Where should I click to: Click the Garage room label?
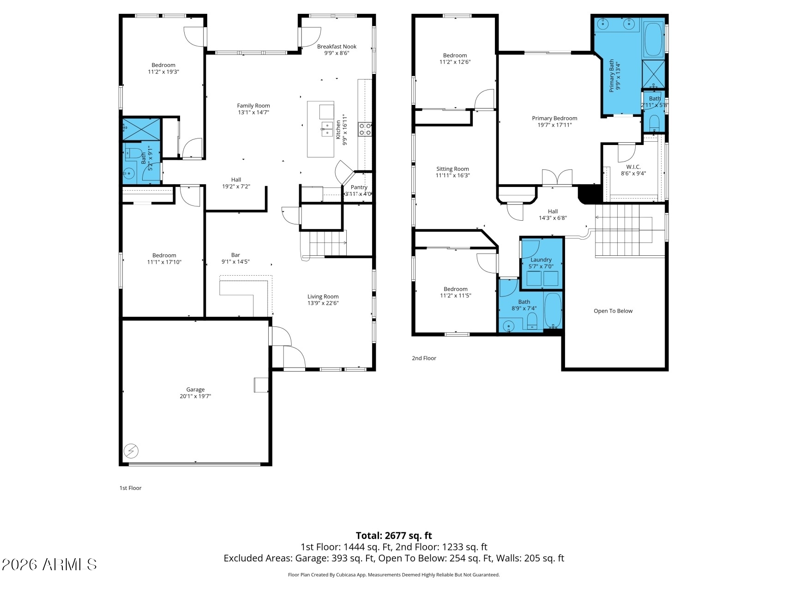(195, 390)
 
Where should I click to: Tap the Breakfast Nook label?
(337, 46)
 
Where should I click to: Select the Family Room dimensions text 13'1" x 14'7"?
(253, 112)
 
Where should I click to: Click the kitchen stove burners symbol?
(365, 129)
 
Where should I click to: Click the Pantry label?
(359, 187)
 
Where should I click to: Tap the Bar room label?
(235, 255)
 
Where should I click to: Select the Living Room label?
(323, 297)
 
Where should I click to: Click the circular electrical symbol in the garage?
(132, 450)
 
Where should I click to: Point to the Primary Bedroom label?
(554, 118)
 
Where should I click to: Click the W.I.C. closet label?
(633, 167)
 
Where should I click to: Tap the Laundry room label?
(541, 260)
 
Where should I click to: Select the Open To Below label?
(613, 311)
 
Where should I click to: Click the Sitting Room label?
(452, 169)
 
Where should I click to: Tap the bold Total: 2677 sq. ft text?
(394, 536)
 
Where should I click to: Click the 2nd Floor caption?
(424, 358)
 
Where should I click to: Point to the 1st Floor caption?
(130, 488)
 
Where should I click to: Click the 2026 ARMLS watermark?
(49, 564)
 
